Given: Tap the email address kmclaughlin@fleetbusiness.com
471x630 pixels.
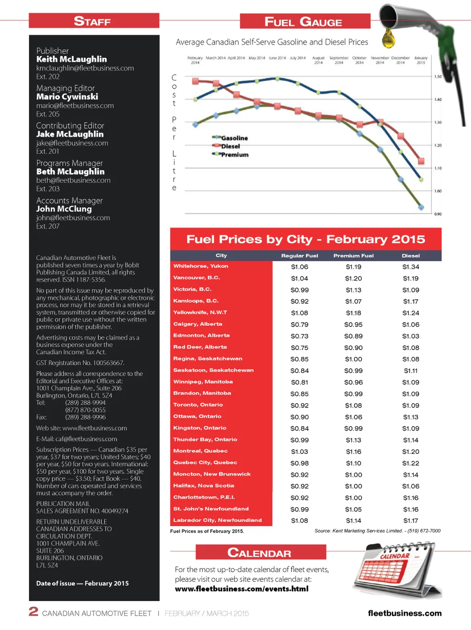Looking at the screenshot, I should (x=85, y=68).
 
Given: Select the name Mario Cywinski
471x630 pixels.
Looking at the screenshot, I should (x=67, y=97).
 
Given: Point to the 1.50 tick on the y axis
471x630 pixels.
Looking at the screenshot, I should (x=438, y=77).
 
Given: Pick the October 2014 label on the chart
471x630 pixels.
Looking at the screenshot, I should (x=359, y=60).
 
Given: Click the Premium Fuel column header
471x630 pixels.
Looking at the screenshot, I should (x=353, y=256).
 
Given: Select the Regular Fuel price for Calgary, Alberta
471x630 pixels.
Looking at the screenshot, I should (x=299, y=325).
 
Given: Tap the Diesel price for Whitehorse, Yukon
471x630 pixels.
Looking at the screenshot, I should (x=411, y=267).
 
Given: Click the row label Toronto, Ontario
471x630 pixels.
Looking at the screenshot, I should (x=198, y=405).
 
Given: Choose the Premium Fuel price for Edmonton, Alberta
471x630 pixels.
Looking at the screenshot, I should (x=353, y=336).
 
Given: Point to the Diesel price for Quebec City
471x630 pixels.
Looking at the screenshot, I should (x=411, y=463).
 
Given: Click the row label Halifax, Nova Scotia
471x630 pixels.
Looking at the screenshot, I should (x=203, y=486).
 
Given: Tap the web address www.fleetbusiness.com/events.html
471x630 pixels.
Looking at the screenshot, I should (x=241, y=589).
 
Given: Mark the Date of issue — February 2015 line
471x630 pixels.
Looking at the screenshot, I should (x=82, y=583).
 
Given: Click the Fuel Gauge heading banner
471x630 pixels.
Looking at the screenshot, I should (x=304, y=22).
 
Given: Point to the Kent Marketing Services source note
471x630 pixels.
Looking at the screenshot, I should (x=377, y=531).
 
